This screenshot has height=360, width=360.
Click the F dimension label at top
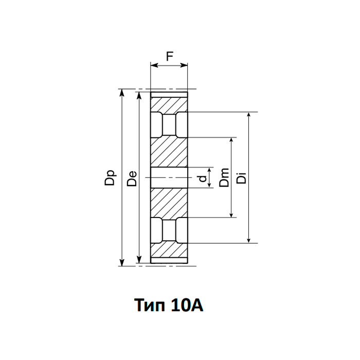(x=169, y=57)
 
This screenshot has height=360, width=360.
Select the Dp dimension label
(x=111, y=178)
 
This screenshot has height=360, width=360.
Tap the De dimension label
(x=132, y=178)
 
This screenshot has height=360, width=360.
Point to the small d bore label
(x=203, y=178)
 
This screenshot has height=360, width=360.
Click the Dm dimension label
(x=224, y=178)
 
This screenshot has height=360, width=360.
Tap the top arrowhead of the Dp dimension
(x=122, y=92)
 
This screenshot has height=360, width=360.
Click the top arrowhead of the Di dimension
(x=249, y=115)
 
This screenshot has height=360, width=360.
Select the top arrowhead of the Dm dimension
(x=231, y=140)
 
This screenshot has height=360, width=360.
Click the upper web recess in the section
(x=169, y=125)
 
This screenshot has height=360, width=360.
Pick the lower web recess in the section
(x=169, y=229)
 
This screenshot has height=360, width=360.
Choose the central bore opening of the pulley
(x=169, y=177)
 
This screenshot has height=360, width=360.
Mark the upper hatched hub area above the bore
(x=169, y=152)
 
